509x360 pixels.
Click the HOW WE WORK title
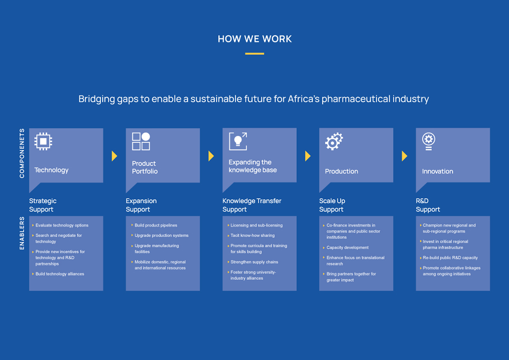point(255,39)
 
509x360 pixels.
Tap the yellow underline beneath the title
point(255,54)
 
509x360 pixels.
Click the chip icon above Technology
point(43,141)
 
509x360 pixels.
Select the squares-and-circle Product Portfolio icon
point(141,141)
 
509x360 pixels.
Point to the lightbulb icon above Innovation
point(428,141)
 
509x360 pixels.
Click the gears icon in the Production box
point(334,141)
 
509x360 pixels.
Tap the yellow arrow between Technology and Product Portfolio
point(114,156)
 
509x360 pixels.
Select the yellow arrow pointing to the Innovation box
point(404,156)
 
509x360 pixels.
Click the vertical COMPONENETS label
point(22,153)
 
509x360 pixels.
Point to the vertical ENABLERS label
point(22,233)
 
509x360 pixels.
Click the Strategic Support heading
point(43,205)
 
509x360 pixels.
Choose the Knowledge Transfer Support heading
point(252,205)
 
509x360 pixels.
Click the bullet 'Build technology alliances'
point(60,274)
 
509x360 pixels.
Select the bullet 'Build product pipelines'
point(156,225)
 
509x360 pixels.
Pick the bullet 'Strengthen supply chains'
point(255,262)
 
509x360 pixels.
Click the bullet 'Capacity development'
point(348,248)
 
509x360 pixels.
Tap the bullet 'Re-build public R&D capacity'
point(450,258)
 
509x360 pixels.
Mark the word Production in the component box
point(342,171)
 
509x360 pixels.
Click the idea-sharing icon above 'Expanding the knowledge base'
point(238,141)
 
